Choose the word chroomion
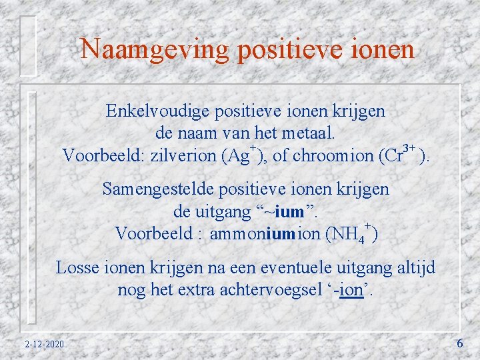[x=333, y=157]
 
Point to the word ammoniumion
[x=264, y=235]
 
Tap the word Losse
[x=76, y=268]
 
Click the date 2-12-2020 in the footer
[x=44, y=344]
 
